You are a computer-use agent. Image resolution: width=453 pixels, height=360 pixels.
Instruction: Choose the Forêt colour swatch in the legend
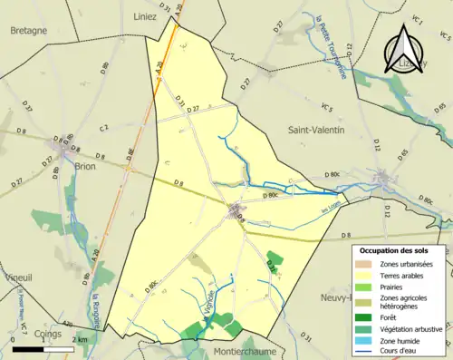point(367,316)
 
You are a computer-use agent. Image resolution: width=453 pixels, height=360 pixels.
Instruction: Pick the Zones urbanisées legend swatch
point(367,264)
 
